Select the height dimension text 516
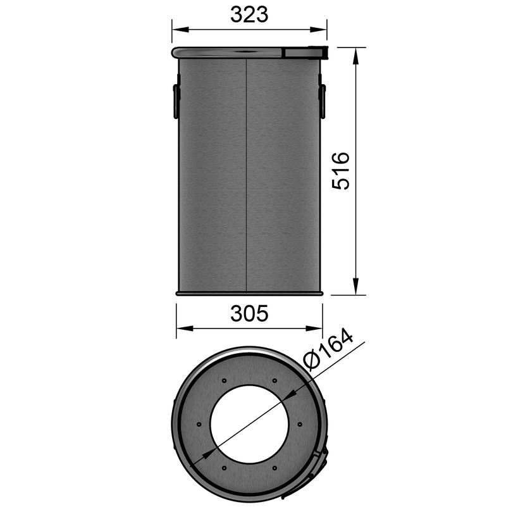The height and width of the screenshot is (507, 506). tap(341, 170)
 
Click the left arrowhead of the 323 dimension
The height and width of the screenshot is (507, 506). tap(178, 29)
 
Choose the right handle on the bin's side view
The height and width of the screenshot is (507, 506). tap(323, 101)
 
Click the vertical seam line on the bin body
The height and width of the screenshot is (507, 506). tap(245, 177)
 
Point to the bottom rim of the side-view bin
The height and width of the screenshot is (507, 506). tap(250, 293)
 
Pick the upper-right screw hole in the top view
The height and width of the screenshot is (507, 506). tap(274, 380)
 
